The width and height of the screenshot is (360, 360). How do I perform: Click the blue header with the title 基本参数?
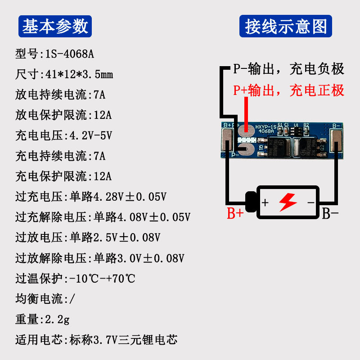coord(55,27)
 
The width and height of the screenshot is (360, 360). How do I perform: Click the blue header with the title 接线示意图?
coord(285,27)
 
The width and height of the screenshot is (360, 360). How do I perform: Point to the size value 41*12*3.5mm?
coord(79,75)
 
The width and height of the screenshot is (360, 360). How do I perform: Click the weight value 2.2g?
coord(56,319)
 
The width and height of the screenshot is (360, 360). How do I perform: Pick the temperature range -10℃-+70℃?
coord(102,279)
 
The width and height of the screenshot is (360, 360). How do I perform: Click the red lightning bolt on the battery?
coord(288,202)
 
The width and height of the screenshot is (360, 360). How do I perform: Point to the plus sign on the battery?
coord(265,202)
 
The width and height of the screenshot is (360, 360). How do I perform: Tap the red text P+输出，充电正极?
coord(288,90)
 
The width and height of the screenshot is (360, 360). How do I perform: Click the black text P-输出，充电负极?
coord(288,69)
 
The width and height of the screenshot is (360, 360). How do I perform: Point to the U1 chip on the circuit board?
coord(296,130)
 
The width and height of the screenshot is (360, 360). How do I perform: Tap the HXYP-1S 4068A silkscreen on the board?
coord(265,130)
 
